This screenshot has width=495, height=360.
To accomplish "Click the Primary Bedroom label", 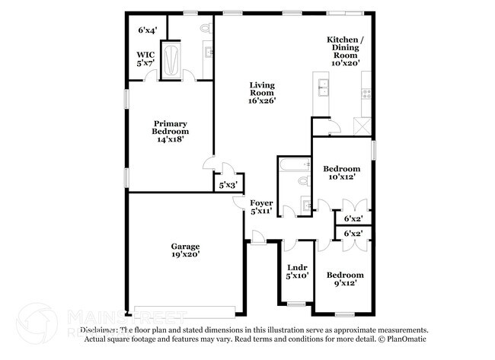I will [x=170, y=131].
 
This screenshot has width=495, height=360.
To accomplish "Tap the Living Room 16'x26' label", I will [x=261, y=92].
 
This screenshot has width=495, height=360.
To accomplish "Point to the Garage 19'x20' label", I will [x=185, y=250].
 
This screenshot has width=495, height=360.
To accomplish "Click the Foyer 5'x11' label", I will [x=261, y=206].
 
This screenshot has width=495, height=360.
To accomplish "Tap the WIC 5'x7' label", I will [x=146, y=59].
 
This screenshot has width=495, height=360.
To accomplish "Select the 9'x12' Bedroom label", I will [x=345, y=279].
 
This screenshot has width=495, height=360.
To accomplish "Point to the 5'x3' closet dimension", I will [x=228, y=185].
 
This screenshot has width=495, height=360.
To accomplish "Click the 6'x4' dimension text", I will [x=147, y=30].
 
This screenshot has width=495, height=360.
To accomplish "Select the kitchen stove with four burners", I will [x=366, y=94].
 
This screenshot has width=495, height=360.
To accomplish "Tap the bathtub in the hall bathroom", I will [x=294, y=163].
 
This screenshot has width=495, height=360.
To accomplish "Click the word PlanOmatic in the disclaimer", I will [x=407, y=339].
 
